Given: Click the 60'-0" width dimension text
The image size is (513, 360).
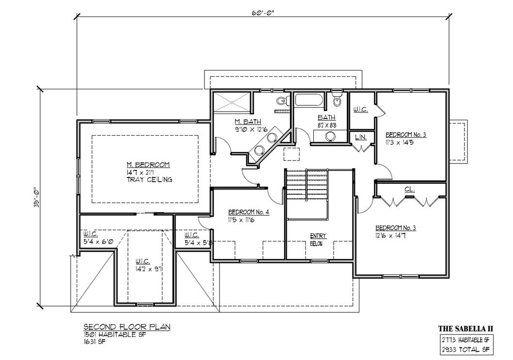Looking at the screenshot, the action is (263, 13).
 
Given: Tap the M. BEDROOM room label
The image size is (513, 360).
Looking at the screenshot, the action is (148, 164).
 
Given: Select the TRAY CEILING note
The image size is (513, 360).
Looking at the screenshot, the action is (149, 180).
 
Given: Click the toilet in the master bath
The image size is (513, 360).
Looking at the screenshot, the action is (282, 101).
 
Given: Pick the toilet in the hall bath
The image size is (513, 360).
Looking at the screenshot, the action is (337, 99).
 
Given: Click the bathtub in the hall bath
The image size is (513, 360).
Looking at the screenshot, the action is (309, 100).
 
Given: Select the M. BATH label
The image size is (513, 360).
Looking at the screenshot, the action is (248, 122).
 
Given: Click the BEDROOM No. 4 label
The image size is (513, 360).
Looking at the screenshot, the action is (249, 212).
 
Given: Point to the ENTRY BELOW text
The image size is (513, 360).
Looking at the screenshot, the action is (319, 240).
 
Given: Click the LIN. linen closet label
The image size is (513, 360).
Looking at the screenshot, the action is (361, 137).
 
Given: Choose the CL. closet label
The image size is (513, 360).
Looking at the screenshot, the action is (410, 189).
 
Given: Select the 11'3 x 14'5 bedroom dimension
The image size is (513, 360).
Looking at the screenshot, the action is (400, 143).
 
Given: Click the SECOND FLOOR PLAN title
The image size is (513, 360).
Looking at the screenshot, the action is (127, 327).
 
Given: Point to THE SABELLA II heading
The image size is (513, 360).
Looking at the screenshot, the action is (466, 328).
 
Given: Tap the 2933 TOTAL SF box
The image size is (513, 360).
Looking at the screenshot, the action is (466, 349).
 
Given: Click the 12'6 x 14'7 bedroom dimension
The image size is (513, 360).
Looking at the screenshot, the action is (391, 235).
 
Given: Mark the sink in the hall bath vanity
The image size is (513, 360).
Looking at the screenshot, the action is (330, 136).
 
